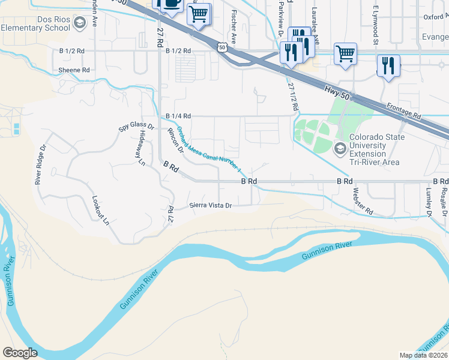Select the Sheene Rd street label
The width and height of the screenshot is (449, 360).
tap(74, 70)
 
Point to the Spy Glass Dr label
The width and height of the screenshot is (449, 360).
tap(137, 127)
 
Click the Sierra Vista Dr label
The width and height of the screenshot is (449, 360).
tap(211, 205)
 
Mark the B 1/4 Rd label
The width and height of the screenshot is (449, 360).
tap(178, 116)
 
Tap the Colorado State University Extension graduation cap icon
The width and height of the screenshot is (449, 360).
tap(340, 149)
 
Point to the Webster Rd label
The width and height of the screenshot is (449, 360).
tap(363, 201)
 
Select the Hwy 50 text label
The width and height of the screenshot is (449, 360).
tap(336, 92)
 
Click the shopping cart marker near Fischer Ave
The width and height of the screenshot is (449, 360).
tap(199, 13)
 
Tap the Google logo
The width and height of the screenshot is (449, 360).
tap(20, 353)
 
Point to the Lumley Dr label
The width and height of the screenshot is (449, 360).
tap(429, 200)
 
